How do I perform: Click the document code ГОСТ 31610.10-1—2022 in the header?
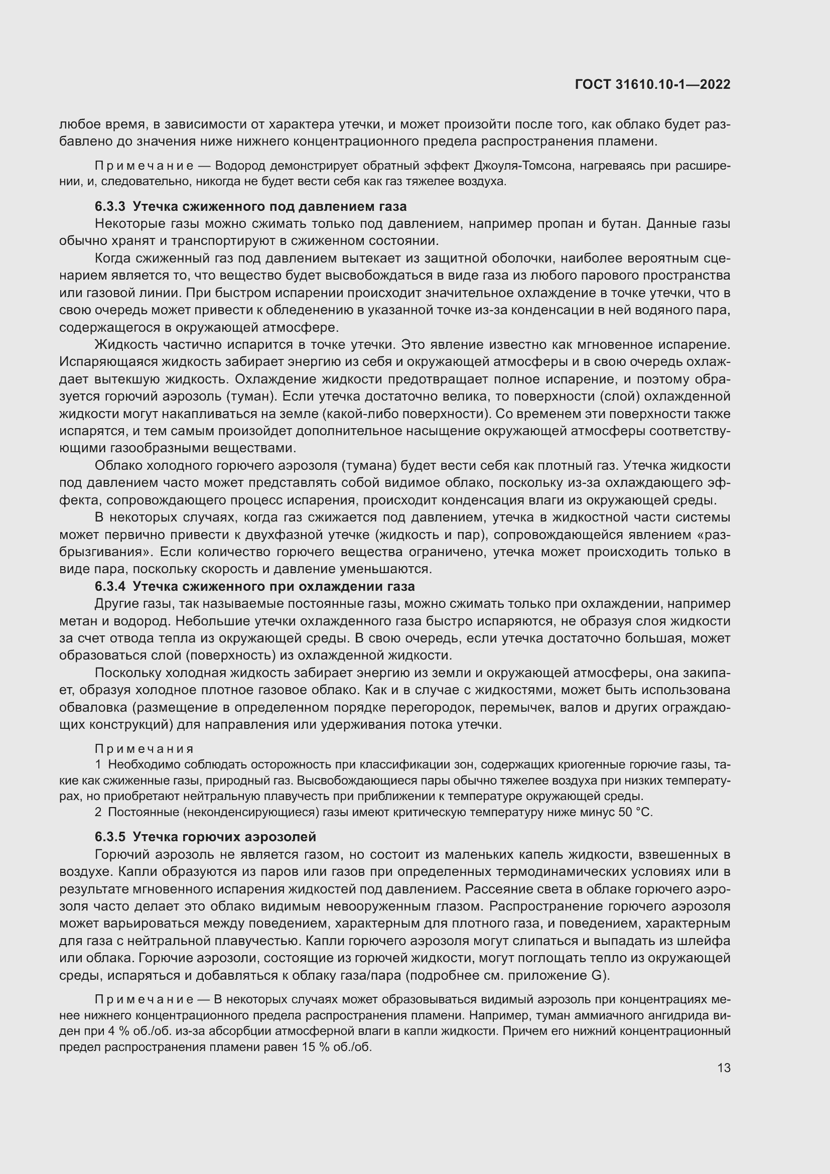click(x=653, y=85)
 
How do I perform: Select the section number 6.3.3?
click(x=110, y=207)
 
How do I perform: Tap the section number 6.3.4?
click(x=110, y=586)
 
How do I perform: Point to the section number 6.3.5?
click(x=110, y=837)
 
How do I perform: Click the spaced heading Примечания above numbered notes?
click(x=145, y=749)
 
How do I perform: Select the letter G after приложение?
click(x=596, y=976)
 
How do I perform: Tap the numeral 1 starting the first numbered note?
click(x=98, y=765)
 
